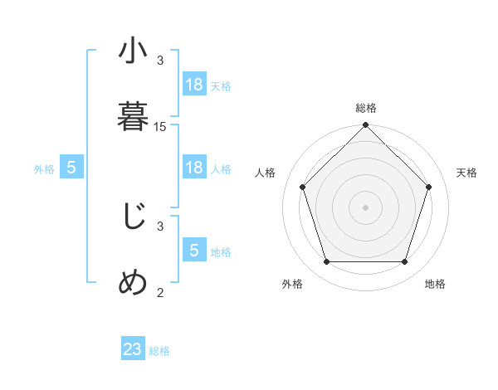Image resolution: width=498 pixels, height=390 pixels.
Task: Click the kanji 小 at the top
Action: [133, 52]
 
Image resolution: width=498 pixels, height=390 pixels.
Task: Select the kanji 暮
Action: [133, 116]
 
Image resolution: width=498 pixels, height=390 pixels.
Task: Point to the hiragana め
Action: [133, 283]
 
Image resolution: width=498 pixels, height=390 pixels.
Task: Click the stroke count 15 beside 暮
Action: [160, 126]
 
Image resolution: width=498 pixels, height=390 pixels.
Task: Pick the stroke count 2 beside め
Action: [160, 291]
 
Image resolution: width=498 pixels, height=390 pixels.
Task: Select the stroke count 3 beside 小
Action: [160, 61]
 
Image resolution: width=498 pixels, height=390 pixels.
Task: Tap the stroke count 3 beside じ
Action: [160, 226]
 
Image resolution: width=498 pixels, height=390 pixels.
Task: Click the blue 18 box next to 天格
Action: [194, 85]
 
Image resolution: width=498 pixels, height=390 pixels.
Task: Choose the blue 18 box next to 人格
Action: [194, 168]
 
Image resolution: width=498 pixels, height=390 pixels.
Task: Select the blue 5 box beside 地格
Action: [194, 251]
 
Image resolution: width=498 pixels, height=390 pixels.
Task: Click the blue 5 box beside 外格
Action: [71, 168]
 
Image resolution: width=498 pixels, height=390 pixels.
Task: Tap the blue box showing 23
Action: [133, 349]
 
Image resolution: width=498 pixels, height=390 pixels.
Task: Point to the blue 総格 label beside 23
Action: [159, 351]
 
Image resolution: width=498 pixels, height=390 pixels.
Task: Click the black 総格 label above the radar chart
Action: [366, 108]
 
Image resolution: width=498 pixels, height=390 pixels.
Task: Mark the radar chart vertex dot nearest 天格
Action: [429, 187]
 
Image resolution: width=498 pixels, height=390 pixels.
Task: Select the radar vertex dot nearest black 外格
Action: [326, 262]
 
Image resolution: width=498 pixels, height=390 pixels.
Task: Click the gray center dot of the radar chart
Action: [366, 207]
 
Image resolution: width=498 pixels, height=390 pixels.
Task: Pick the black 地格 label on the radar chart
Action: [435, 284]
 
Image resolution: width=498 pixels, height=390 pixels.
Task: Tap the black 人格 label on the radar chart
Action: [266, 173]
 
